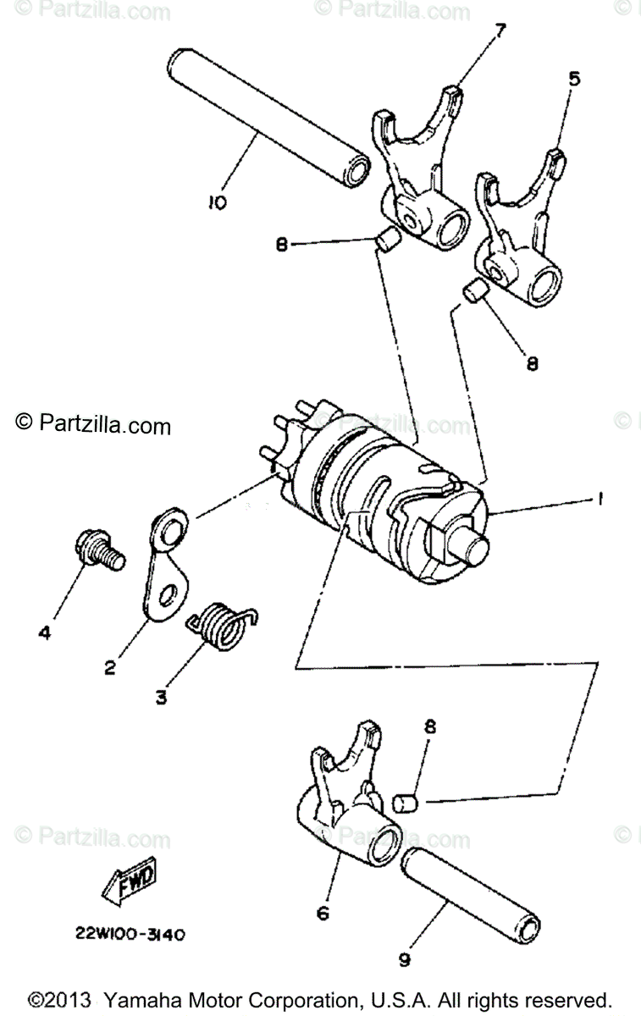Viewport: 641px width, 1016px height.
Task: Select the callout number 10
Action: (217, 202)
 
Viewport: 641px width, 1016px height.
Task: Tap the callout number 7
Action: (500, 31)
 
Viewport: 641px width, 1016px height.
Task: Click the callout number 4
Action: (44, 632)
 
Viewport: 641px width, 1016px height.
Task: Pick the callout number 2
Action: (110, 666)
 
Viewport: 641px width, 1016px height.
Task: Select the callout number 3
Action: (161, 697)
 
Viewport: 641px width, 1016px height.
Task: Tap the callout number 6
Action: (322, 914)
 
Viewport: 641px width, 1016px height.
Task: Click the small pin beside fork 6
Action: (408, 800)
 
